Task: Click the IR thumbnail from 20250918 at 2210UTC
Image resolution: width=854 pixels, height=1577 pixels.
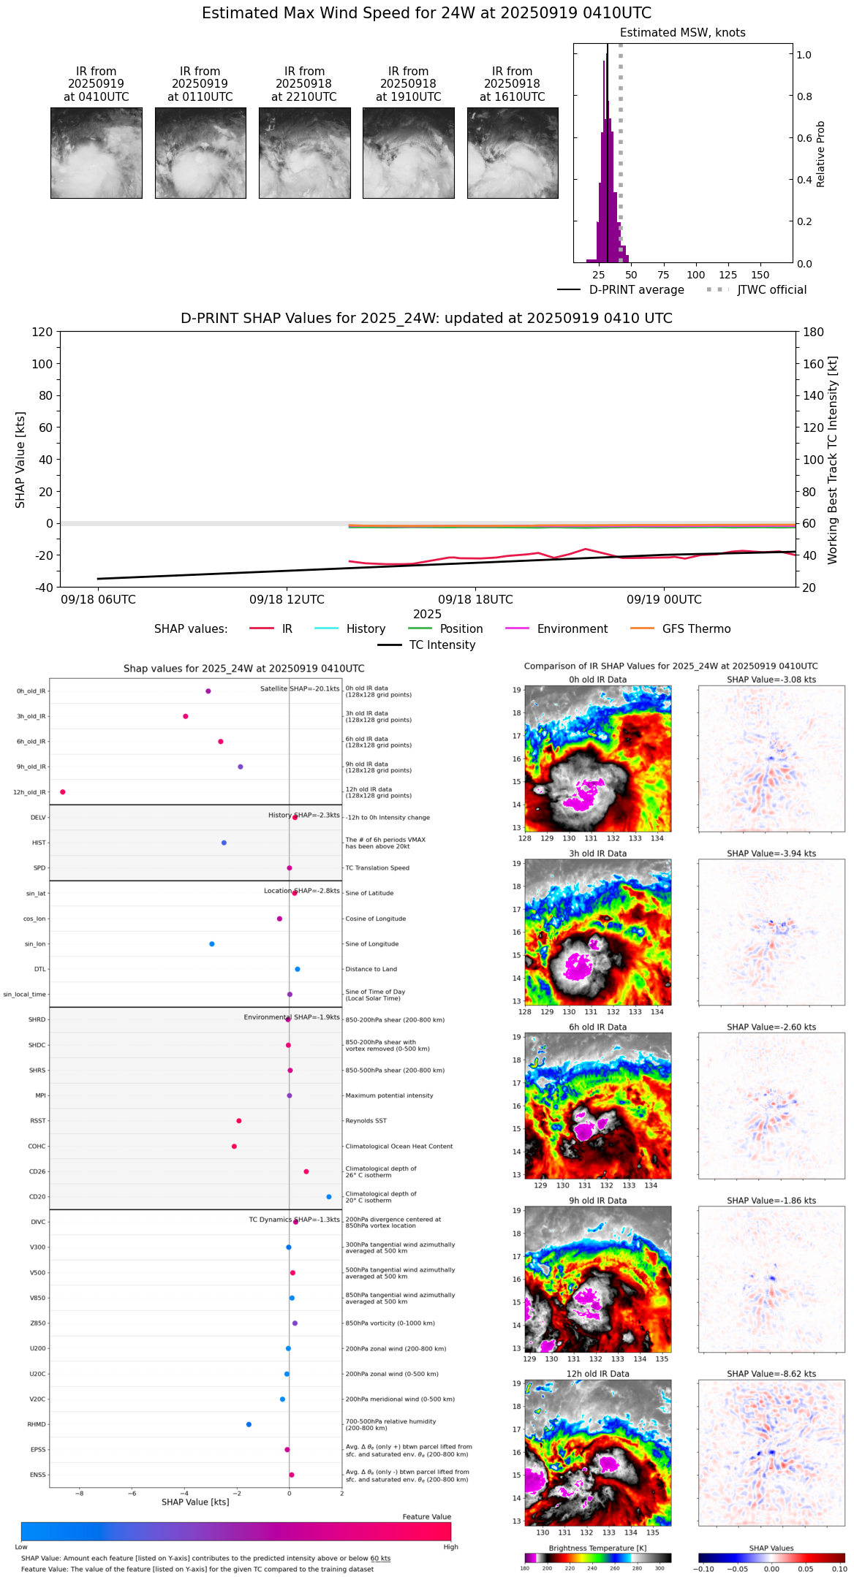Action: [x=304, y=153]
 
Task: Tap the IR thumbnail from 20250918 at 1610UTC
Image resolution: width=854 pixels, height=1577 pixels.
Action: [x=513, y=153]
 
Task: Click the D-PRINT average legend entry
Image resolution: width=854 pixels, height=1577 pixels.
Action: [x=621, y=290]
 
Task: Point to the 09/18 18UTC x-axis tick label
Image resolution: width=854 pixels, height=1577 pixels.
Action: [x=475, y=600]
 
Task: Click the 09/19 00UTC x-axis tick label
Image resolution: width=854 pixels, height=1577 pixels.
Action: [x=664, y=600]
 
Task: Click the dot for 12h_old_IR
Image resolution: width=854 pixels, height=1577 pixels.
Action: [x=63, y=792]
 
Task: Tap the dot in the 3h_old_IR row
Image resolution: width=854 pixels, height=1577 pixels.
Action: [x=186, y=716]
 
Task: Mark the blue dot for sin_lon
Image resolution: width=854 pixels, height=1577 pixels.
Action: [x=212, y=944]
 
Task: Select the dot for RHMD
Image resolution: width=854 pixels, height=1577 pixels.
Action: [x=249, y=1424]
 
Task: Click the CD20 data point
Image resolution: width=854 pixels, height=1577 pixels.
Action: [x=329, y=1197]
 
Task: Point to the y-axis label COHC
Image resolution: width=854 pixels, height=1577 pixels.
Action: [x=37, y=1147]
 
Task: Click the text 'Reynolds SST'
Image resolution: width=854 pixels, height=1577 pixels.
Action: [x=366, y=1121]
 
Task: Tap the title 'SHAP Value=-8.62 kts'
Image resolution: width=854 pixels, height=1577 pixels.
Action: [x=771, y=1374]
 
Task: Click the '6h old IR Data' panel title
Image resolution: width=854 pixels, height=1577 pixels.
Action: [x=597, y=1027]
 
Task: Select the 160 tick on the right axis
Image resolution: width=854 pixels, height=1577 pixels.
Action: [x=814, y=364]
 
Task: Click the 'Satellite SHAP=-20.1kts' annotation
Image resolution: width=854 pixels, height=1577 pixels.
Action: [x=300, y=688]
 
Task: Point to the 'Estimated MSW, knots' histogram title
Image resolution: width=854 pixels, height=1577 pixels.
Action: [x=682, y=33]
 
